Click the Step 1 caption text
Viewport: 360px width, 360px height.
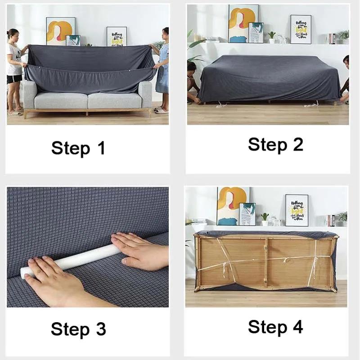click(78, 148)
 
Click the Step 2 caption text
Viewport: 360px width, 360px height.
click(275, 144)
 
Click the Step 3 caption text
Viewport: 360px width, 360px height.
click(78, 329)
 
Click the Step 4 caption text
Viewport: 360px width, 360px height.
click(275, 327)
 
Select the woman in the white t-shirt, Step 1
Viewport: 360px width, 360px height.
click(14, 67)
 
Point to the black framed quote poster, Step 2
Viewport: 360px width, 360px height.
click(301, 29)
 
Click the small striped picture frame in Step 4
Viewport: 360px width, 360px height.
click(247, 214)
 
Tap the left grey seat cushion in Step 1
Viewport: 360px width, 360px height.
click(61, 100)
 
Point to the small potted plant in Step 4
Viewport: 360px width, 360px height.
click(265, 219)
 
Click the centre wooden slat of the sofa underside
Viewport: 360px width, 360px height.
click(266, 261)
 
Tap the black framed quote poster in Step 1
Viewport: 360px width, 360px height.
click(116, 36)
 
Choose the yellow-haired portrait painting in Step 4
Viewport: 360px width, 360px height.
click(231, 205)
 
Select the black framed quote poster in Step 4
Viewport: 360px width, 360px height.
click(297, 210)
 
